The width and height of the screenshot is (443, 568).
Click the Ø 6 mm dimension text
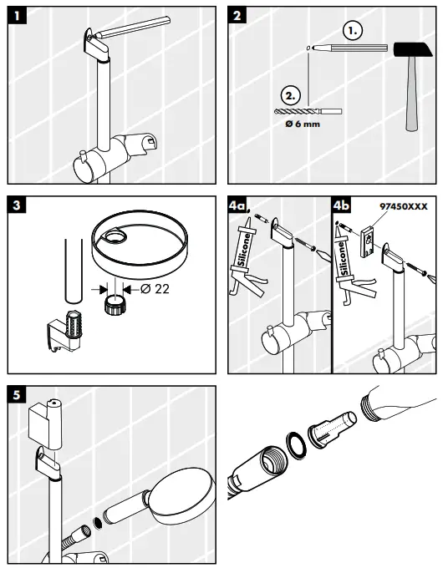[x=303, y=127]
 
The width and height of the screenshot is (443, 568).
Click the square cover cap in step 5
[x=47, y=421]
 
